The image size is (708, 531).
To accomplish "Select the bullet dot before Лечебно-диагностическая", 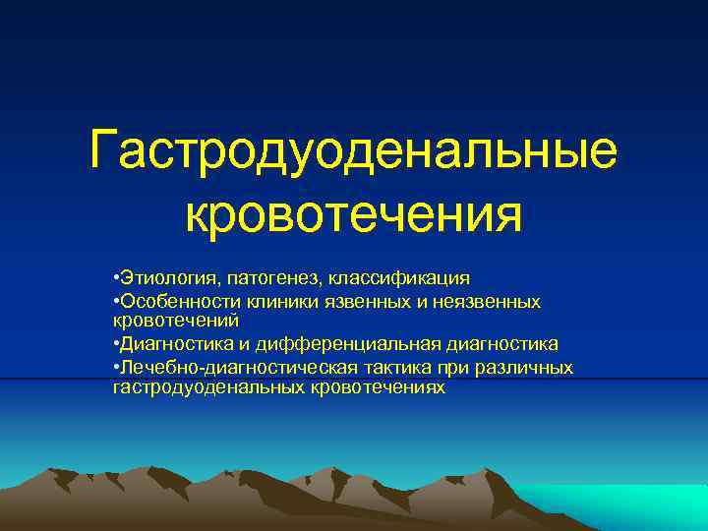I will click(x=116, y=367).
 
